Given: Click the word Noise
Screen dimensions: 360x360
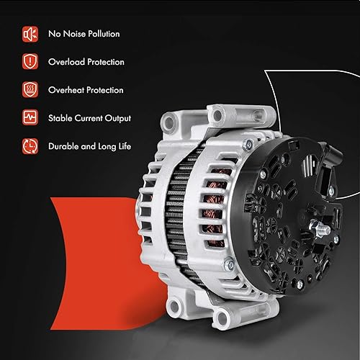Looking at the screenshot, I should [x=72, y=34].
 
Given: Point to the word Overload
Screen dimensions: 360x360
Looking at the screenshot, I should [x=67, y=62].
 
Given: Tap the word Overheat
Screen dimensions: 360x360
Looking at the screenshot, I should [x=67, y=90].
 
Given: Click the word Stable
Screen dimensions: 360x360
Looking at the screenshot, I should [x=61, y=118].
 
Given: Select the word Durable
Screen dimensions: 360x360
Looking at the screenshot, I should [x=64, y=146].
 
